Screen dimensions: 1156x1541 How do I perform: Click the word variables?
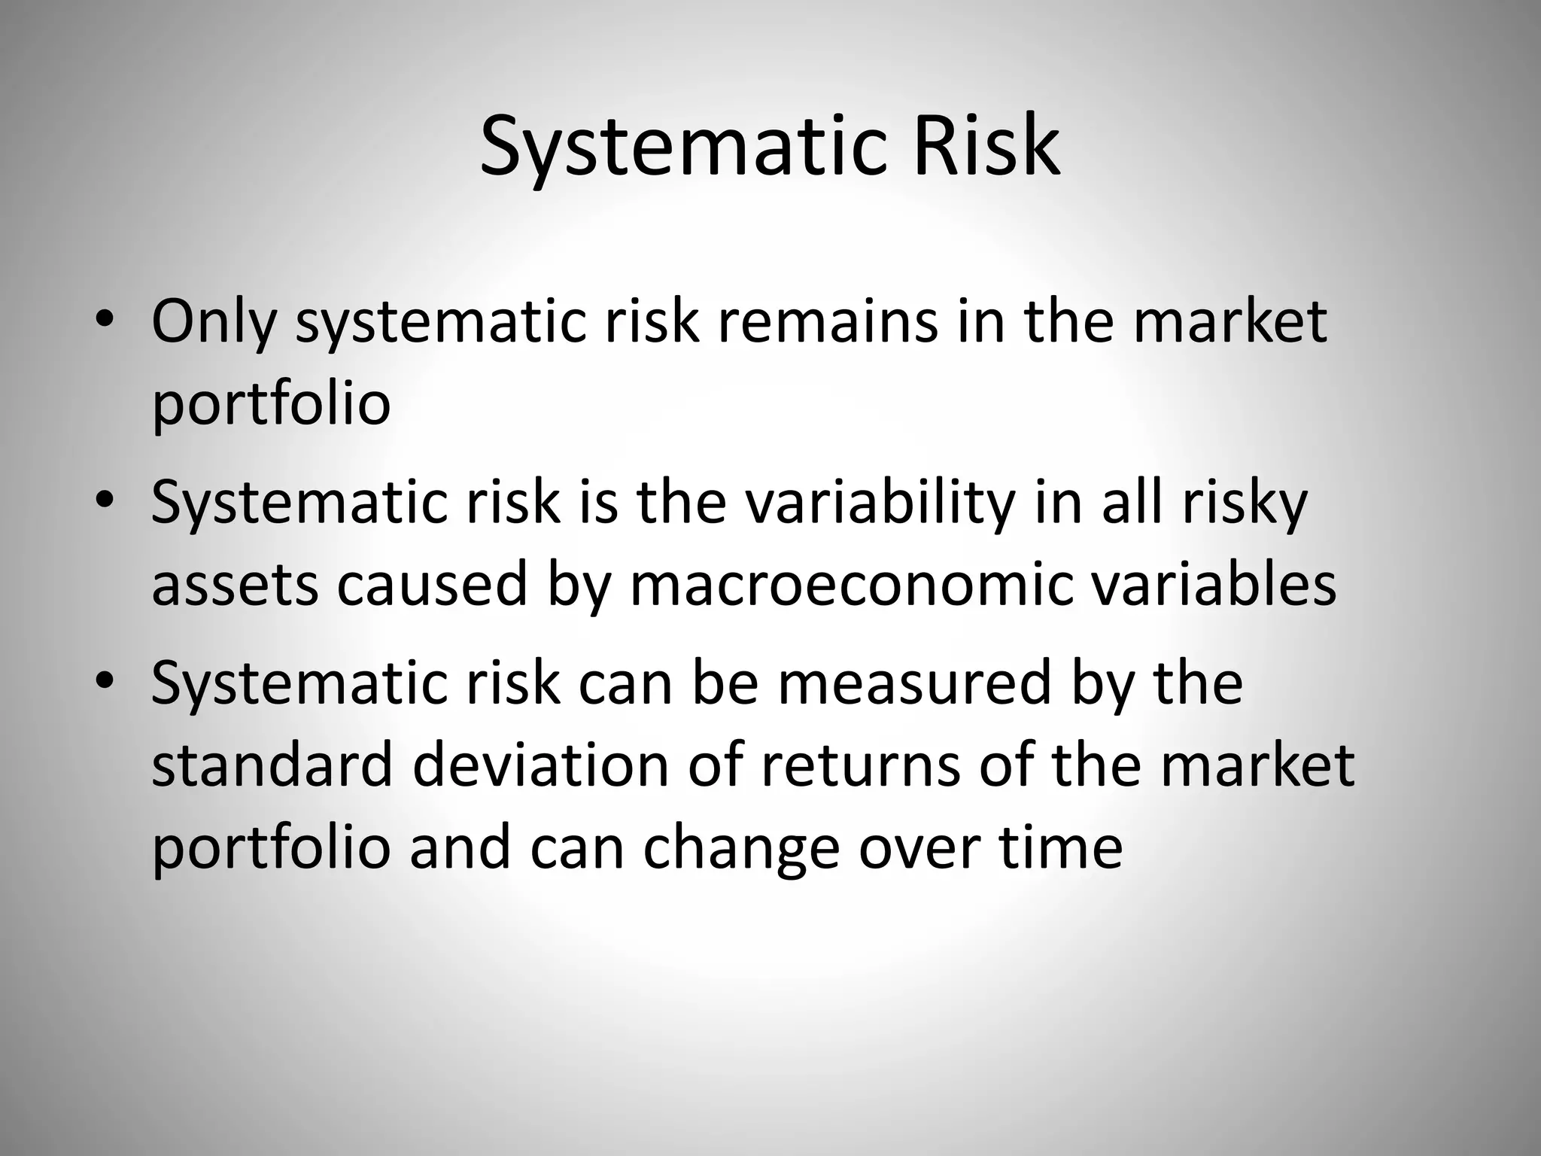pyautogui.click(x=1214, y=584)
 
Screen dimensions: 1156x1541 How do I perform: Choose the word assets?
pyautogui.click(x=235, y=586)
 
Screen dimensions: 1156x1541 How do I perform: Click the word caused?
pyautogui.click(x=432, y=584)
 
